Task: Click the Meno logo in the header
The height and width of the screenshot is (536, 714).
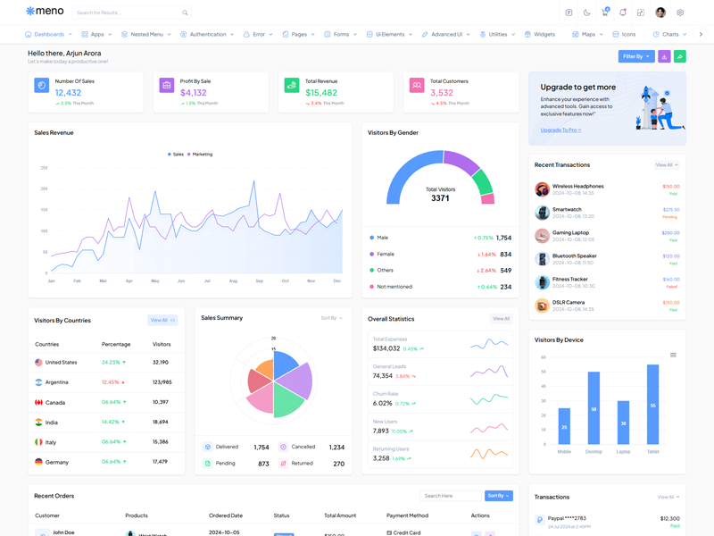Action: pyautogui.click(x=45, y=12)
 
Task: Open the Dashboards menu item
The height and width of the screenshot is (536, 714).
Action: pyautogui.click(x=48, y=34)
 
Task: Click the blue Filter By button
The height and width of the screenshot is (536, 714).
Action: pyautogui.click(x=636, y=56)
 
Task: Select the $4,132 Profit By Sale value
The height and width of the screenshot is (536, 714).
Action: pyautogui.click(x=194, y=92)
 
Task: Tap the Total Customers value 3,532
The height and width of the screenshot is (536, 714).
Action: pyautogui.click(x=442, y=92)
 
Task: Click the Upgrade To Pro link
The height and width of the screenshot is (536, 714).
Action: pyautogui.click(x=560, y=130)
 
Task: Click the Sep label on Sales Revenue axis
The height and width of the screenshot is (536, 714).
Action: pyautogui.click(x=259, y=281)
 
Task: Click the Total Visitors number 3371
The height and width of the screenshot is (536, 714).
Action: pyautogui.click(x=440, y=198)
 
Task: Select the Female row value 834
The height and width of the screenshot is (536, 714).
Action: pyautogui.click(x=505, y=254)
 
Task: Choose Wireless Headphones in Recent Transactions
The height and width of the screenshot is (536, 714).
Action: pyautogui.click(x=577, y=186)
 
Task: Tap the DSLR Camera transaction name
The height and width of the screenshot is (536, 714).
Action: pyautogui.click(x=569, y=302)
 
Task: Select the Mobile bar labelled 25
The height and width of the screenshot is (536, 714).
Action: pyautogui.click(x=564, y=426)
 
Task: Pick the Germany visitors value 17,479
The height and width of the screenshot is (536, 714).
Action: pyautogui.click(x=161, y=462)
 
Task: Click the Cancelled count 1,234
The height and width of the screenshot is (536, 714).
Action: pyautogui.click(x=336, y=447)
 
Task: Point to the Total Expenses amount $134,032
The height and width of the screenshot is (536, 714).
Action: pyautogui.click(x=386, y=348)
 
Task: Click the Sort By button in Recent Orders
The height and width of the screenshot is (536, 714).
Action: pyautogui.click(x=498, y=496)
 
